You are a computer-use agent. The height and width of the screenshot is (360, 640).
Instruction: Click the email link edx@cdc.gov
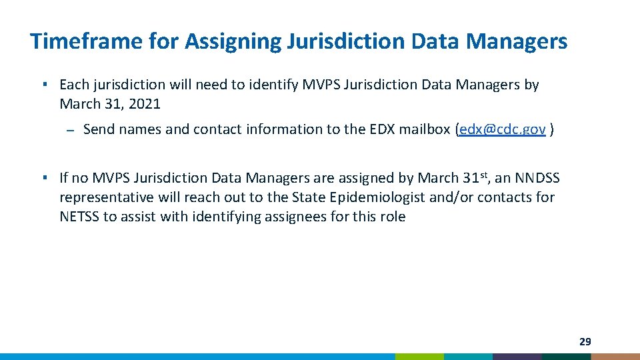(x=503, y=129)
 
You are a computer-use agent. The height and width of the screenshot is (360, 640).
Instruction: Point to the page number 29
(x=585, y=342)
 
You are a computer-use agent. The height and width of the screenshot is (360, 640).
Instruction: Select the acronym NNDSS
(x=537, y=178)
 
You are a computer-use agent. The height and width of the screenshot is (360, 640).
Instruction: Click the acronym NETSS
(x=79, y=217)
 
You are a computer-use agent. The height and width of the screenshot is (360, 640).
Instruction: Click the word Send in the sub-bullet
(x=99, y=129)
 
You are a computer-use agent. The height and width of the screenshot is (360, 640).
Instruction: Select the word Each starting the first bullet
(x=74, y=85)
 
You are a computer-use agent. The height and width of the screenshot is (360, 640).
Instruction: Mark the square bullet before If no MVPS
(x=43, y=178)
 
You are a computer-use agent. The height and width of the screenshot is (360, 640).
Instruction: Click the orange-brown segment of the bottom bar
(x=615, y=357)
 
